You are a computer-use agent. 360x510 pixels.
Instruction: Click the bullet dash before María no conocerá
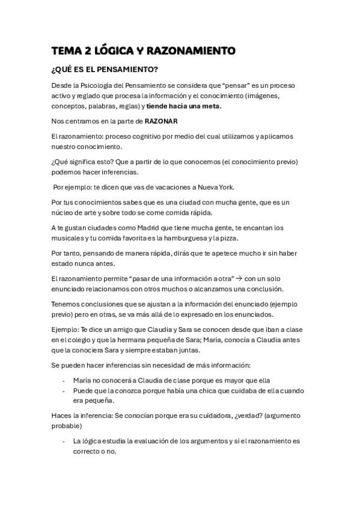tap(64, 380)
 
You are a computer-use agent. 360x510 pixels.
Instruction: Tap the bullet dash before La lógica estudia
tap(64, 441)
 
